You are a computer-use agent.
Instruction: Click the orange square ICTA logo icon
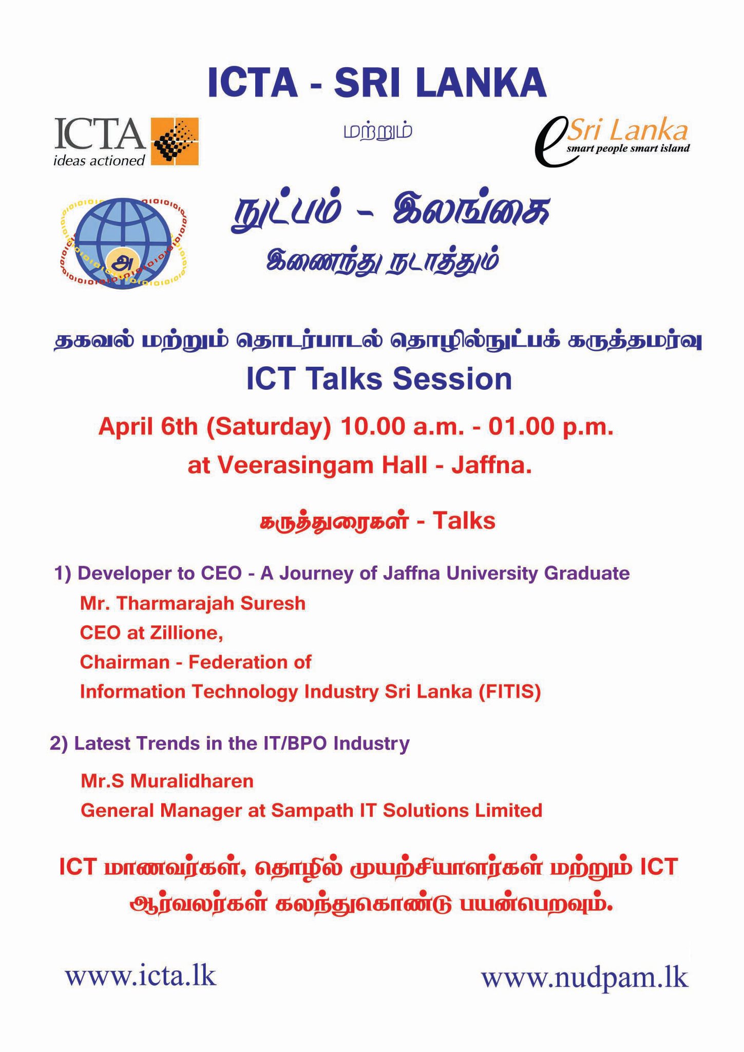(x=175, y=141)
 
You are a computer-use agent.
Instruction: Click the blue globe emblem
(x=123, y=243)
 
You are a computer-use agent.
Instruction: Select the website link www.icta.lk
(x=141, y=976)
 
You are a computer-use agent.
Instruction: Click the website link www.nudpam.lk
(x=585, y=978)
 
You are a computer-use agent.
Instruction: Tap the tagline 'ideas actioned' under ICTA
(x=100, y=160)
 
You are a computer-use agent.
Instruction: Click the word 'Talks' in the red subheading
(x=464, y=521)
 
